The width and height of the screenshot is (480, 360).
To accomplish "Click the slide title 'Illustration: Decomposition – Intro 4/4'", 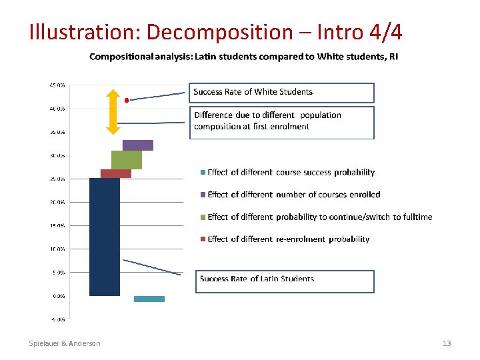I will point(215,31).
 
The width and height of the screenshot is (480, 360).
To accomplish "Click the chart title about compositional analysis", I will point(244,57).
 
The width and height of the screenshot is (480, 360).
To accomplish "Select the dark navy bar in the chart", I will point(105,237).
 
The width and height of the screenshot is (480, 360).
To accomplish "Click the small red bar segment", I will point(115,173).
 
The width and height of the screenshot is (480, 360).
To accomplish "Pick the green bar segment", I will point(127,160).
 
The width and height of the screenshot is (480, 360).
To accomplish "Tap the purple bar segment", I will point(138,145).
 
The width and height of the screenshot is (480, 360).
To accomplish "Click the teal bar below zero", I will point(149,299).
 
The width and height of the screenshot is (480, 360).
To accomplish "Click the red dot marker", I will point(127,101).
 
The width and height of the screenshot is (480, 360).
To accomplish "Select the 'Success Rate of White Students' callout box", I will point(283,92).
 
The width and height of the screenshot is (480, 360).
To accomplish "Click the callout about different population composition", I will point(281,121).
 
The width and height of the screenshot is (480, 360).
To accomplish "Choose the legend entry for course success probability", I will point(291,173).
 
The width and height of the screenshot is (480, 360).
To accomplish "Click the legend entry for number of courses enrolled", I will point(293,195).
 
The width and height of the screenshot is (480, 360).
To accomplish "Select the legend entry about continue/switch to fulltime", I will point(319,217).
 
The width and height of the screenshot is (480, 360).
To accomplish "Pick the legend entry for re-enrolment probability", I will point(288,239).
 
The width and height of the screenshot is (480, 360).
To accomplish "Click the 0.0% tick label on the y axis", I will point(58,295).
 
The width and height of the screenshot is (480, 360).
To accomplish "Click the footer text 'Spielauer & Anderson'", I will point(65,343).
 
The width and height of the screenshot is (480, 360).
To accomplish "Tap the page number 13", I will point(447,343).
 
